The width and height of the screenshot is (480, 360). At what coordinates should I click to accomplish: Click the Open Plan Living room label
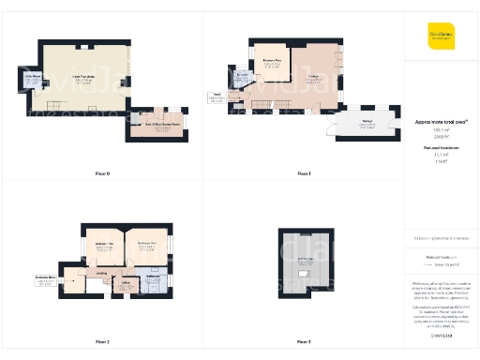tap(83, 80)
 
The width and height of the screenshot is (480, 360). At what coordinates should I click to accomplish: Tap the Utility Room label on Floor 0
tap(31, 80)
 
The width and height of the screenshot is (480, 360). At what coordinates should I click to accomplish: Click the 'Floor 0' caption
tap(102, 173)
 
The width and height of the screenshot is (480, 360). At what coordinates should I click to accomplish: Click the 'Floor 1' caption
tap(304, 173)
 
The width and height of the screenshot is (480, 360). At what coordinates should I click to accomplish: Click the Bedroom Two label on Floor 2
tap(105, 247)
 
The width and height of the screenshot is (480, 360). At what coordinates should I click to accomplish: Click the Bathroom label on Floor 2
tap(154, 277)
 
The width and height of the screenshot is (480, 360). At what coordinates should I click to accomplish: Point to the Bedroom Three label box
tap(44, 278)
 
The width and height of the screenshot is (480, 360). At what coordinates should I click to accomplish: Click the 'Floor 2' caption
tap(102, 341)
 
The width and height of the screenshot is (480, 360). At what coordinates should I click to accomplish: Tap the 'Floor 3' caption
tap(304, 341)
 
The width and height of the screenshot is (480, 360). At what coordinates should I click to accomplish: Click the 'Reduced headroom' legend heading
tap(440, 148)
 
